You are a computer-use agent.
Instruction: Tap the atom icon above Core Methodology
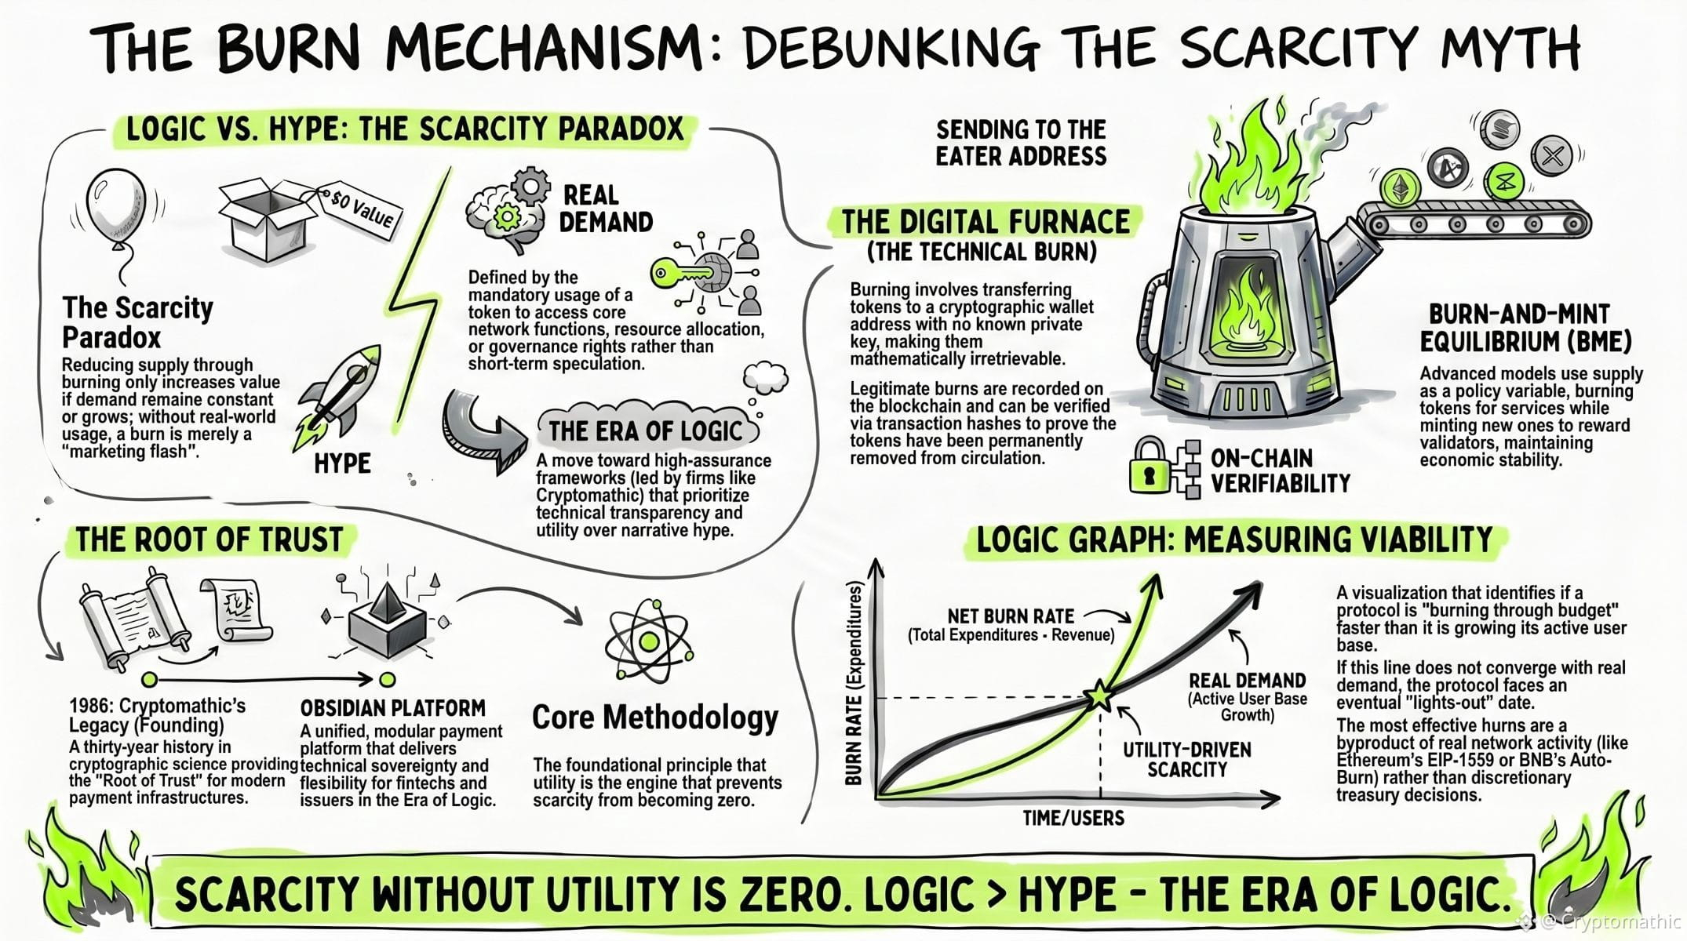point(648,642)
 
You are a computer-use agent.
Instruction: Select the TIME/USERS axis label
point(1073,818)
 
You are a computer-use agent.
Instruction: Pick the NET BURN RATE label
point(1011,616)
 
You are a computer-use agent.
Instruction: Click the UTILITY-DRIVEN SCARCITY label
point(1186,759)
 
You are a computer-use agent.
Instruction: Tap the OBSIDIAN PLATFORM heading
point(392,708)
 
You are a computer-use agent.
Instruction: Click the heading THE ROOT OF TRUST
point(210,540)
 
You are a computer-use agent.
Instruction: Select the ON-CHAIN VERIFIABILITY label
point(1280,470)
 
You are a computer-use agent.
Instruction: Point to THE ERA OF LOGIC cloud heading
point(645,431)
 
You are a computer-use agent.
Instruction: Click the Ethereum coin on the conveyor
point(1399,187)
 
